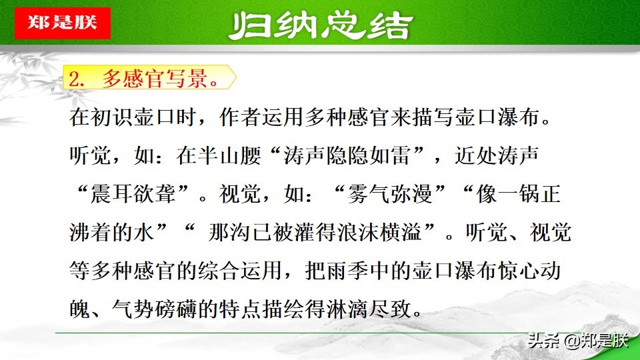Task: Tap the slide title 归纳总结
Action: click(x=319, y=27)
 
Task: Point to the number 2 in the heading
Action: click(x=75, y=80)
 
